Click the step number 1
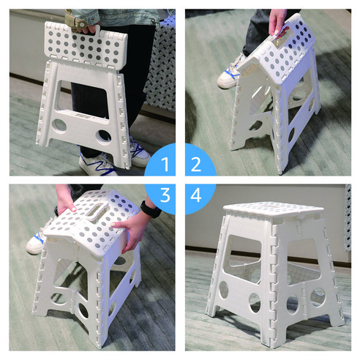click(x=165, y=164)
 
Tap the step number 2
click(x=196, y=164)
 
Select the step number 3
click(x=165, y=195)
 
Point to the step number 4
click(x=196, y=195)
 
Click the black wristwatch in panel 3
click(x=151, y=210)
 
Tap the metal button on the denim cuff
click(x=82, y=25)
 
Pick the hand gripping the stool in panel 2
click(x=278, y=24)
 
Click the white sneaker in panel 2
click(x=230, y=73)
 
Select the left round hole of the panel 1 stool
click(x=59, y=126)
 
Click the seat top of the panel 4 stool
click(x=274, y=209)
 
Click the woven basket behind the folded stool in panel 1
click(x=160, y=65)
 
